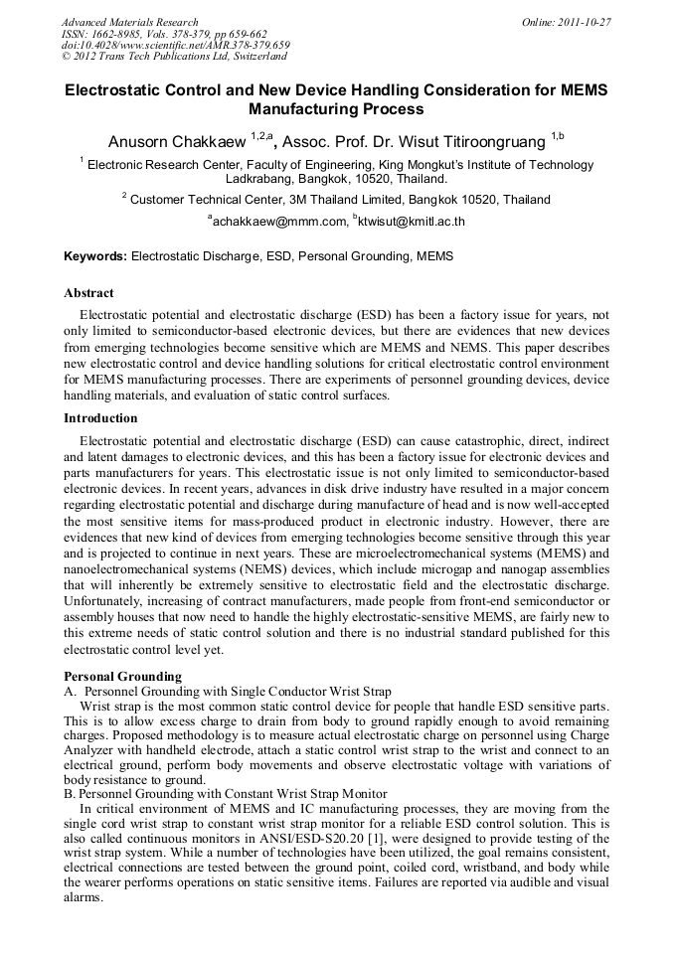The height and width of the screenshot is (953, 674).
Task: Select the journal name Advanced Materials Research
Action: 129,22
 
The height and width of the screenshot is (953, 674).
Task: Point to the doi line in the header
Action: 175,46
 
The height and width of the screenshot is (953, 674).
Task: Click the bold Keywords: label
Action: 95,256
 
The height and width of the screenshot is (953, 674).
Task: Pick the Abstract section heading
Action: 88,293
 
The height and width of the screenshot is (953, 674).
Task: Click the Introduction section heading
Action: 100,418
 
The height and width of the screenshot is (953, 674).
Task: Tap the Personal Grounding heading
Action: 122,676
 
